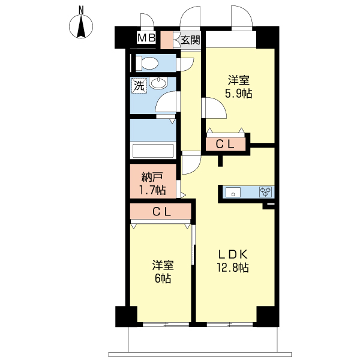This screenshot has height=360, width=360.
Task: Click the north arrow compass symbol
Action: click(81, 26)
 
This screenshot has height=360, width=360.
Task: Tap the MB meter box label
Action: click(146, 38)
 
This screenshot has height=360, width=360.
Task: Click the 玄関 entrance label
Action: click(190, 40)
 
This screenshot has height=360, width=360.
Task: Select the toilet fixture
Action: click(147, 63)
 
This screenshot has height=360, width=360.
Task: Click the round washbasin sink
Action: click(158, 83)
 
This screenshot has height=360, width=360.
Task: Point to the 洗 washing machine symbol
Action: click(139, 86)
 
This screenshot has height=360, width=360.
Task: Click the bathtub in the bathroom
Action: click(153, 151)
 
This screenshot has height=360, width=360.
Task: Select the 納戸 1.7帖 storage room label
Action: click(153, 184)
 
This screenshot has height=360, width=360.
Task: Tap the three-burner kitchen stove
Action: click(265, 192)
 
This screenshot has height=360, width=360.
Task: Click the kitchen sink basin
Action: click(233, 192)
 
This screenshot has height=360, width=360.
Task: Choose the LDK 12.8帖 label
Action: click(233, 261)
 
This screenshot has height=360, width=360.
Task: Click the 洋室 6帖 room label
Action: click(163, 272)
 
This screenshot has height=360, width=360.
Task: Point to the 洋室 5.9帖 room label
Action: click(239, 87)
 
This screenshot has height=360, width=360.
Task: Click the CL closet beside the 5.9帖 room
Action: click(225, 144)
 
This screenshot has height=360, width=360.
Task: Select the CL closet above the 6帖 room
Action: click(161, 211)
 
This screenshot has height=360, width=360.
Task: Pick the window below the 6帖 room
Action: click(166, 325)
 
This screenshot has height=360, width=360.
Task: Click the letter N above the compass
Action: click(81, 10)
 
